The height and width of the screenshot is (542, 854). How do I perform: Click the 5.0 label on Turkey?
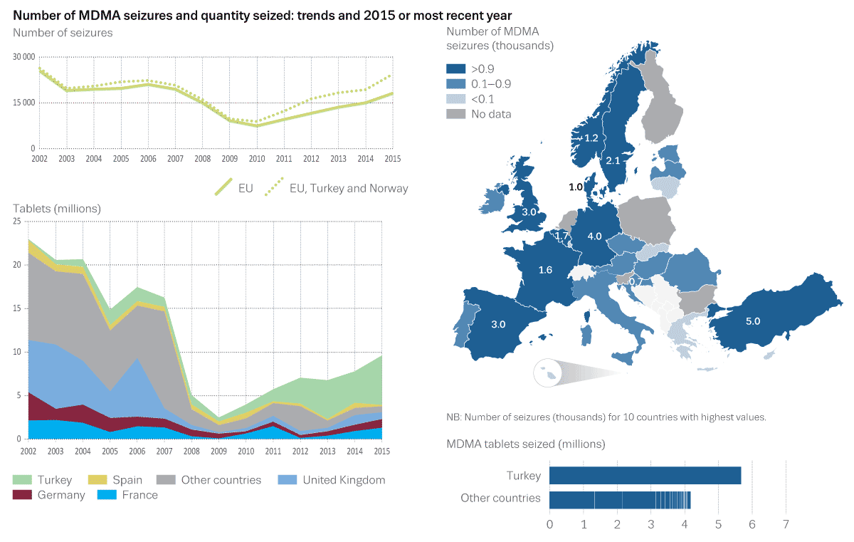tap(752, 321)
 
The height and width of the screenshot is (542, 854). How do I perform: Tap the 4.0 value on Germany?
tap(594, 236)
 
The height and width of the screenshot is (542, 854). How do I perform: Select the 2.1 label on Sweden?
tap(613, 162)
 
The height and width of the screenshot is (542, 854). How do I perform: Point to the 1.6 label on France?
tap(546, 270)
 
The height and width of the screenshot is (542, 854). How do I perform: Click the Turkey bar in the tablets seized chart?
tap(645, 475)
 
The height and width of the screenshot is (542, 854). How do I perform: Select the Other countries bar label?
tap(500, 499)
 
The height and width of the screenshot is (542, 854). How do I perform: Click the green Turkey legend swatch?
tap(23, 480)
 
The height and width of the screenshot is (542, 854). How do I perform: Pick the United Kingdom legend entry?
tap(344, 480)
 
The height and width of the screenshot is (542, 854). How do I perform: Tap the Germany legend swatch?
tap(23, 495)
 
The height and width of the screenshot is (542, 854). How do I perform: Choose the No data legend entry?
tap(490, 114)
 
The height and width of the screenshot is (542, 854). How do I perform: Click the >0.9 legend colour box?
tap(455, 69)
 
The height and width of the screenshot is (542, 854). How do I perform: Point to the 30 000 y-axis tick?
tap(24, 56)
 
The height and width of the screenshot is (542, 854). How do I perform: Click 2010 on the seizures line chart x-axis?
tap(256, 157)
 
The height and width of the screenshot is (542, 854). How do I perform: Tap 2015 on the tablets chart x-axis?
tap(383, 451)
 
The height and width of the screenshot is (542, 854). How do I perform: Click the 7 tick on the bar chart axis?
tap(786, 526)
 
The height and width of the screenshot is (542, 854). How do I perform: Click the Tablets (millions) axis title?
tap(57, 209)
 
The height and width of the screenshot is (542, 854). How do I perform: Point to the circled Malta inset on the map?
tap(548, 372)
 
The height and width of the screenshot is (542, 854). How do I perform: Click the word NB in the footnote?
tap(453, 417)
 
